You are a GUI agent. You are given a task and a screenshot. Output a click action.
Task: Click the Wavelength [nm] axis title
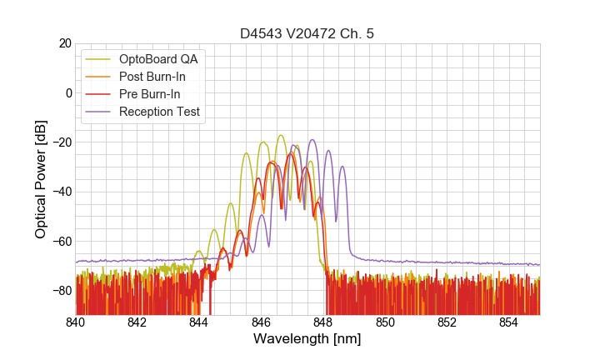tap(307, 340)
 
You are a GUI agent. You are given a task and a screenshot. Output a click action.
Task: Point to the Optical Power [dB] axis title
tap(41, 179)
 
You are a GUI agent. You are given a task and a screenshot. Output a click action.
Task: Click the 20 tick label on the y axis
tap(64, 43)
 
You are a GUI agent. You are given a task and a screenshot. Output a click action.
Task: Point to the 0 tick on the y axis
tap(67, 92)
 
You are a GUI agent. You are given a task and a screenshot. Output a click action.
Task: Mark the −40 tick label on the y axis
tap(61, 192)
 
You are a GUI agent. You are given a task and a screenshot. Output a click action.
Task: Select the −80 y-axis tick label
tap(61, 291)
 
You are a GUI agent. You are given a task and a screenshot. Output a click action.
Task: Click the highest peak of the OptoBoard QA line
tap(281, 135)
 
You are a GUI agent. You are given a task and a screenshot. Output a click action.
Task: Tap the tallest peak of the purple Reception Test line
tap(312, 140)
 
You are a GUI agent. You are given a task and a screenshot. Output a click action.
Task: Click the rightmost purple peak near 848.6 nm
tap(342, 167)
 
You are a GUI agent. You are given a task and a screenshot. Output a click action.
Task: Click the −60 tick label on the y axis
tap(61, 242)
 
